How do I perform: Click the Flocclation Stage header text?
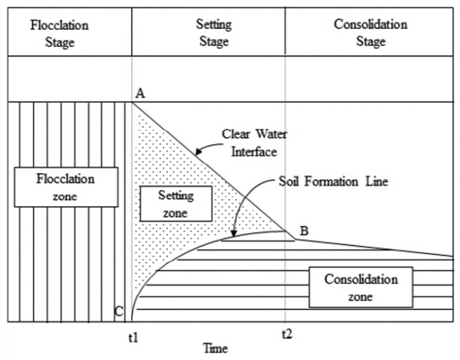point(59,34)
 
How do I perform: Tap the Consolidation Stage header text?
point(370,34)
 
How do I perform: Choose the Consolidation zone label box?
point(359,285)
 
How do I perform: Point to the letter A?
point(140,93)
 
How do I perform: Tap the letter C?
point(118,311)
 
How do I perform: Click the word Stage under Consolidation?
point(370,41)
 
